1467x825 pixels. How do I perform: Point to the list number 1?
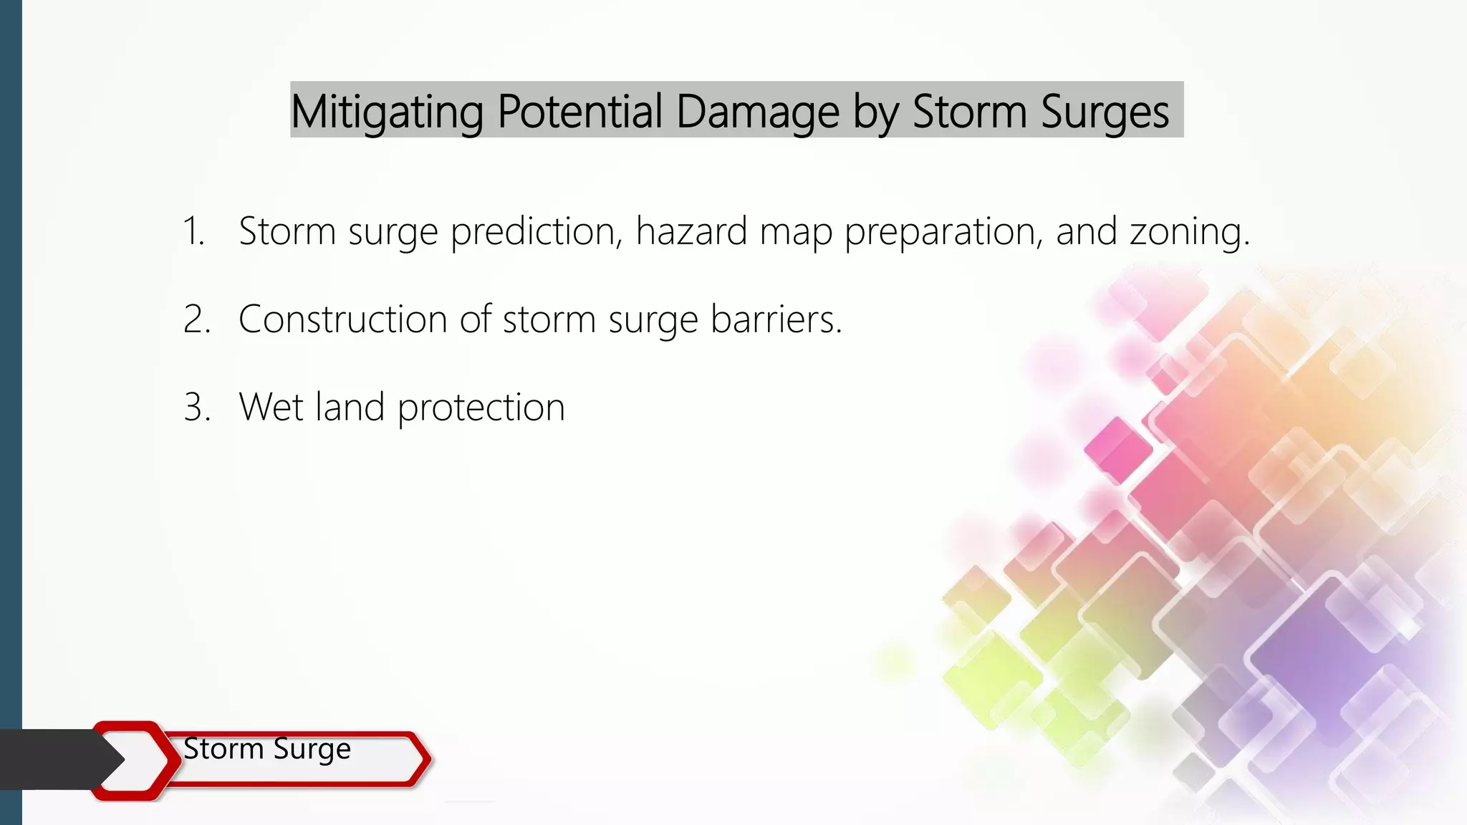tap(193, 231)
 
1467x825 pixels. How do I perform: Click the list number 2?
tap(196, 319)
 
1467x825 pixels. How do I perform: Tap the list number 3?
tap(196, 407)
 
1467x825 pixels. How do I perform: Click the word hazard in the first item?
tap(691, 231)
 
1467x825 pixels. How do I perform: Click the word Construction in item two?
tap(343, 319)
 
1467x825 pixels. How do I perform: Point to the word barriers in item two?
tap(776, 319)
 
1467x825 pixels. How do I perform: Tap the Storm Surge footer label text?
tap(267, 749)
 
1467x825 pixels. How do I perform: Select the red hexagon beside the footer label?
tap(133, 760)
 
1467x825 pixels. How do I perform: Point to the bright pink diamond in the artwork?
tap(1117, 450)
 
